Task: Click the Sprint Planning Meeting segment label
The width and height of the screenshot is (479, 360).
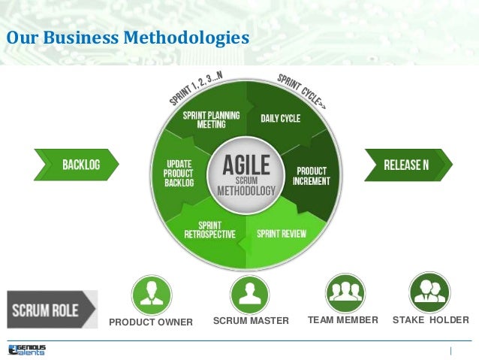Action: point(212,120)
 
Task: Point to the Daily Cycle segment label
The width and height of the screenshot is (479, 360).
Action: point(280,118)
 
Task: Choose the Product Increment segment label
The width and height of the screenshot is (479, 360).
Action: point(312,176)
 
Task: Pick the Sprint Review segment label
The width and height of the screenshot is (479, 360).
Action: point(282,234)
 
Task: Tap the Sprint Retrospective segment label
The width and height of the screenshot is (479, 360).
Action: point(209,230)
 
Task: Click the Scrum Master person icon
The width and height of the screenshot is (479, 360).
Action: point(250,294)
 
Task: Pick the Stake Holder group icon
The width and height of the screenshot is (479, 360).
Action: point(430,292)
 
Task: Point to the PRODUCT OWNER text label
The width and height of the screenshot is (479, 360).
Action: point(151,322)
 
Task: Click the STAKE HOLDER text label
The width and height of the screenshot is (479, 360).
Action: point(430,321)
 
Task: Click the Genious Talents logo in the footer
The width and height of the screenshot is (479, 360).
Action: point(27,349)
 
